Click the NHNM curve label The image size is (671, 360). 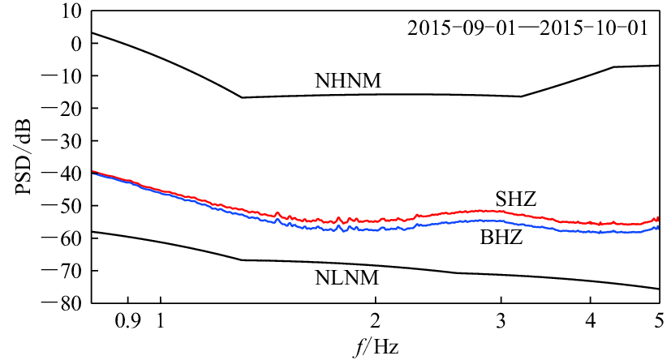tap(348, 81)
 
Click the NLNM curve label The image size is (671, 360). tap(348, 278)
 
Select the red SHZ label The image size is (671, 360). tap(517, 199)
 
